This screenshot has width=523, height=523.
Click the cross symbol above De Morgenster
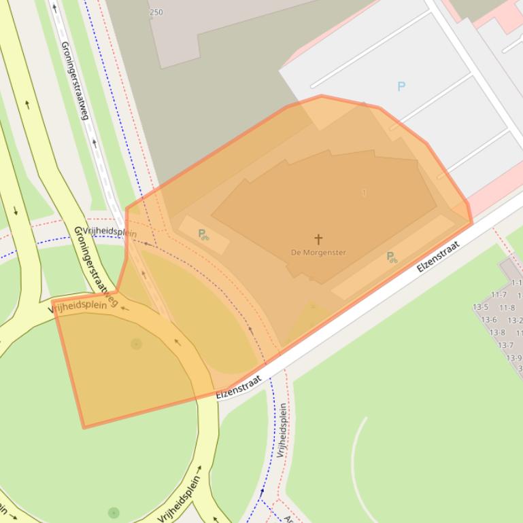click(x=318, y=239)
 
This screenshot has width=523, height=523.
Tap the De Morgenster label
click(x=318, y=253)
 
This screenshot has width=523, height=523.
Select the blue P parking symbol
click(x=401, y=86)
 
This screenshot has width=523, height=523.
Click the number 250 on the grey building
click(x=156, y=12)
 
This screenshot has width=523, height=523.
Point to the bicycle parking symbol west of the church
click(x=203, y=235)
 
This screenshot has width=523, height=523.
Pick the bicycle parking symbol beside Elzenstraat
click(x=392, y=257)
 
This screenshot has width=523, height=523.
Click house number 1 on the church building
click(x=365, y=194)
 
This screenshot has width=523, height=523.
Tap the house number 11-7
click(x=499, y=295)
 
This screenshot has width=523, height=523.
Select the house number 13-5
click(x=480, y=307)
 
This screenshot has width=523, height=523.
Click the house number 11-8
click(x=507, y=308)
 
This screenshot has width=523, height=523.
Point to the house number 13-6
click(x=488, y=320)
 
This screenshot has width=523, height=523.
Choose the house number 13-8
click(x=497, y=333)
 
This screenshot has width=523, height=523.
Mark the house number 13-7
click(x=505, y=345)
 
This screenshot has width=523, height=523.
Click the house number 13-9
click(x=513, y=358)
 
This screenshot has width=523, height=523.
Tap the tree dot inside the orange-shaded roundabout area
click(x=136, y=344)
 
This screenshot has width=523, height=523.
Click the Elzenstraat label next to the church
click(x=438, y=257)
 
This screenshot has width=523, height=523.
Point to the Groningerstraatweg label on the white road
click(x=75, y=80)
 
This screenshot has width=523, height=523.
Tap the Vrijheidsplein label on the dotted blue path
click(x=282, y=430)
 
